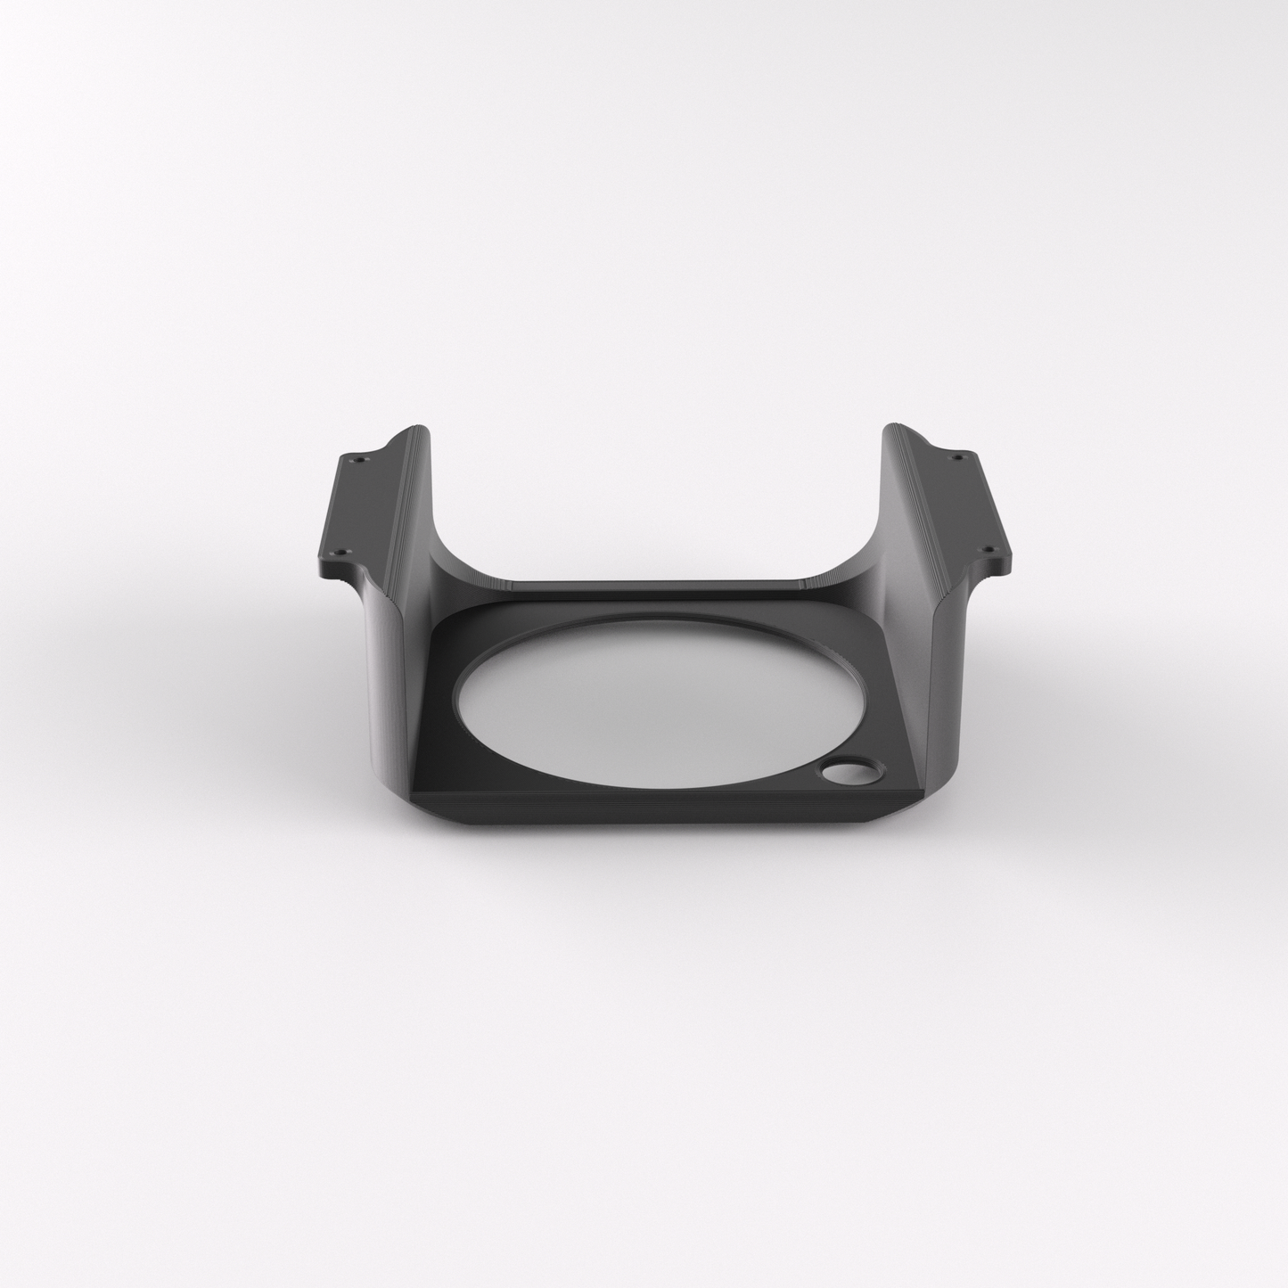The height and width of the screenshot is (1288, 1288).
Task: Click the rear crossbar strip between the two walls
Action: (x=660, y=585)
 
